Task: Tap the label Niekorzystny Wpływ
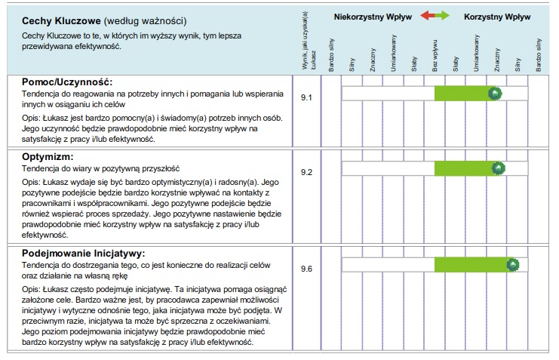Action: click(x=373, y=16)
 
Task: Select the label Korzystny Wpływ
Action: click(x=497, y=16)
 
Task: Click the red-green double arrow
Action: click(x=435, y=16)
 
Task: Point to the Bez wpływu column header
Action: click(x=435, y=55)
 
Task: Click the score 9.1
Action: click(x=306, y=98)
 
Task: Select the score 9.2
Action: click(x=306, y=172)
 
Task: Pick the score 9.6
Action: click(x=306, y=269)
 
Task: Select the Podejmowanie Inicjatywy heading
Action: click(x=83, y=253)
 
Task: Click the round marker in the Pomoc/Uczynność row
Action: click(x=495, y=93)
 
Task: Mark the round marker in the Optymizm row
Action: click(x=498, y=168)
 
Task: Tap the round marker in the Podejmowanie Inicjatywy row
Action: click(x=513, y=264)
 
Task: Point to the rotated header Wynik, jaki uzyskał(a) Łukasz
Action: click(x=306, y=42)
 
